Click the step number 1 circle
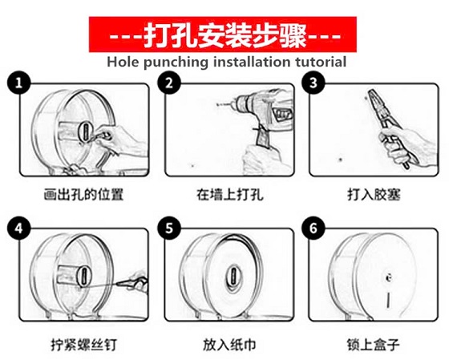pyautogui.click(x=19, y=83)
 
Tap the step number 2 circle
pyautogui.click(x=169, y=83)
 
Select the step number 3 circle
pyautogui.click(x=313, y=83)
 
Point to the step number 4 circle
pyautogui.click(x=19, y=229)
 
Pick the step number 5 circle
pyautogui.click(x=169, y=229)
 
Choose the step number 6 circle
pyautogui.click(x=313, y=229)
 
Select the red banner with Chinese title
pyautogui.click(x=223, y=34)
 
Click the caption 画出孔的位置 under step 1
pyautogui.click(x=83, y=195)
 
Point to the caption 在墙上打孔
pyautogui.click(x=229, y=195)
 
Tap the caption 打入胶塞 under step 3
pyautogui.click(x=374, y=195)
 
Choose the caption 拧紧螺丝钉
pyautogui.click(x=84, y=344)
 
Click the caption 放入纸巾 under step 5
pyautogui.click(x=229, y=344)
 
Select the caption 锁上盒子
pyautogui.click(x=373, y=344)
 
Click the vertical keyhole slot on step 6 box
pyautogui.click(x=388, y=300)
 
